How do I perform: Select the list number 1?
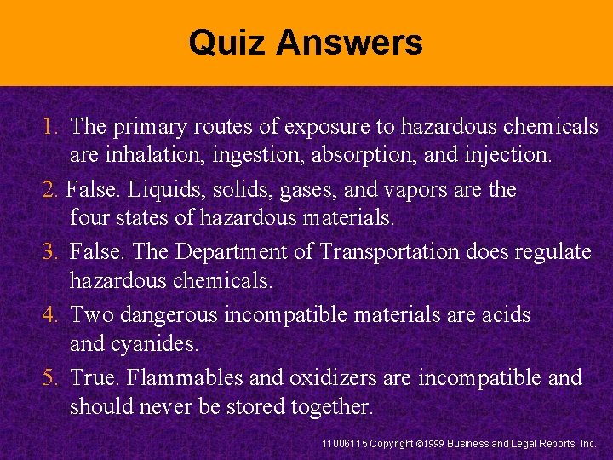pyautogui.click(x=49, y=127)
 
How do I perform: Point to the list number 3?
pyautogui.click(x=49, y=252)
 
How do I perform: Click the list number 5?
pyautogui.click(x=49, y=377)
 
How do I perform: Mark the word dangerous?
pyautogui.click(x=169, y=315)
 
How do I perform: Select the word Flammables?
pyautogui.click(x=185, y=377)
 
